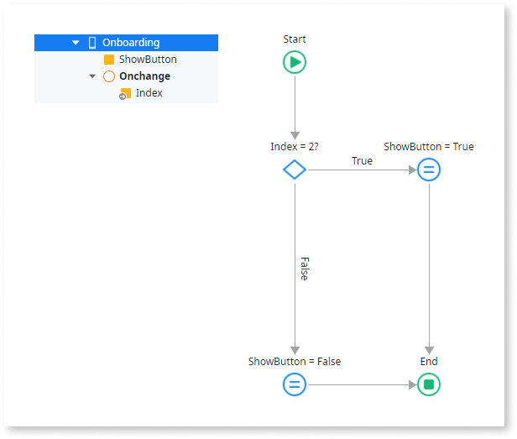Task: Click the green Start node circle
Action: coord(295,63)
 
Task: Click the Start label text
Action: coord(295,39)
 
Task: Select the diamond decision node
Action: coord(295,170)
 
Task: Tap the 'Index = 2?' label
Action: coord(295,147)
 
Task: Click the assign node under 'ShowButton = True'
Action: coord(429,170)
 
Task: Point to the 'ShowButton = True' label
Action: coord(429,147)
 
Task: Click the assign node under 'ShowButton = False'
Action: coord(295,384)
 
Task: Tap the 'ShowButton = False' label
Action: coord(295,362)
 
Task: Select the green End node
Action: coord(429,384)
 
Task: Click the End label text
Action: coord(429,362)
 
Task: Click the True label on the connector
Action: coord(362,161)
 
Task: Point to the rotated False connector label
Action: coord(304,269)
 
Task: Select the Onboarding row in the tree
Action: coord(130,43)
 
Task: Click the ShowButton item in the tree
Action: coord(148,60)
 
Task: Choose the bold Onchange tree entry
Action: coord(144,76)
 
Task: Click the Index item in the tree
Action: coord(149,93)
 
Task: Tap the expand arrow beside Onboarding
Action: coord(76,43)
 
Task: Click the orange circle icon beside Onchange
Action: coord(108,76)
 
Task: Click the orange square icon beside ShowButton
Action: coord(108,60)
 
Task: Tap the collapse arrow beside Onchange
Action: coord(92,76)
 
